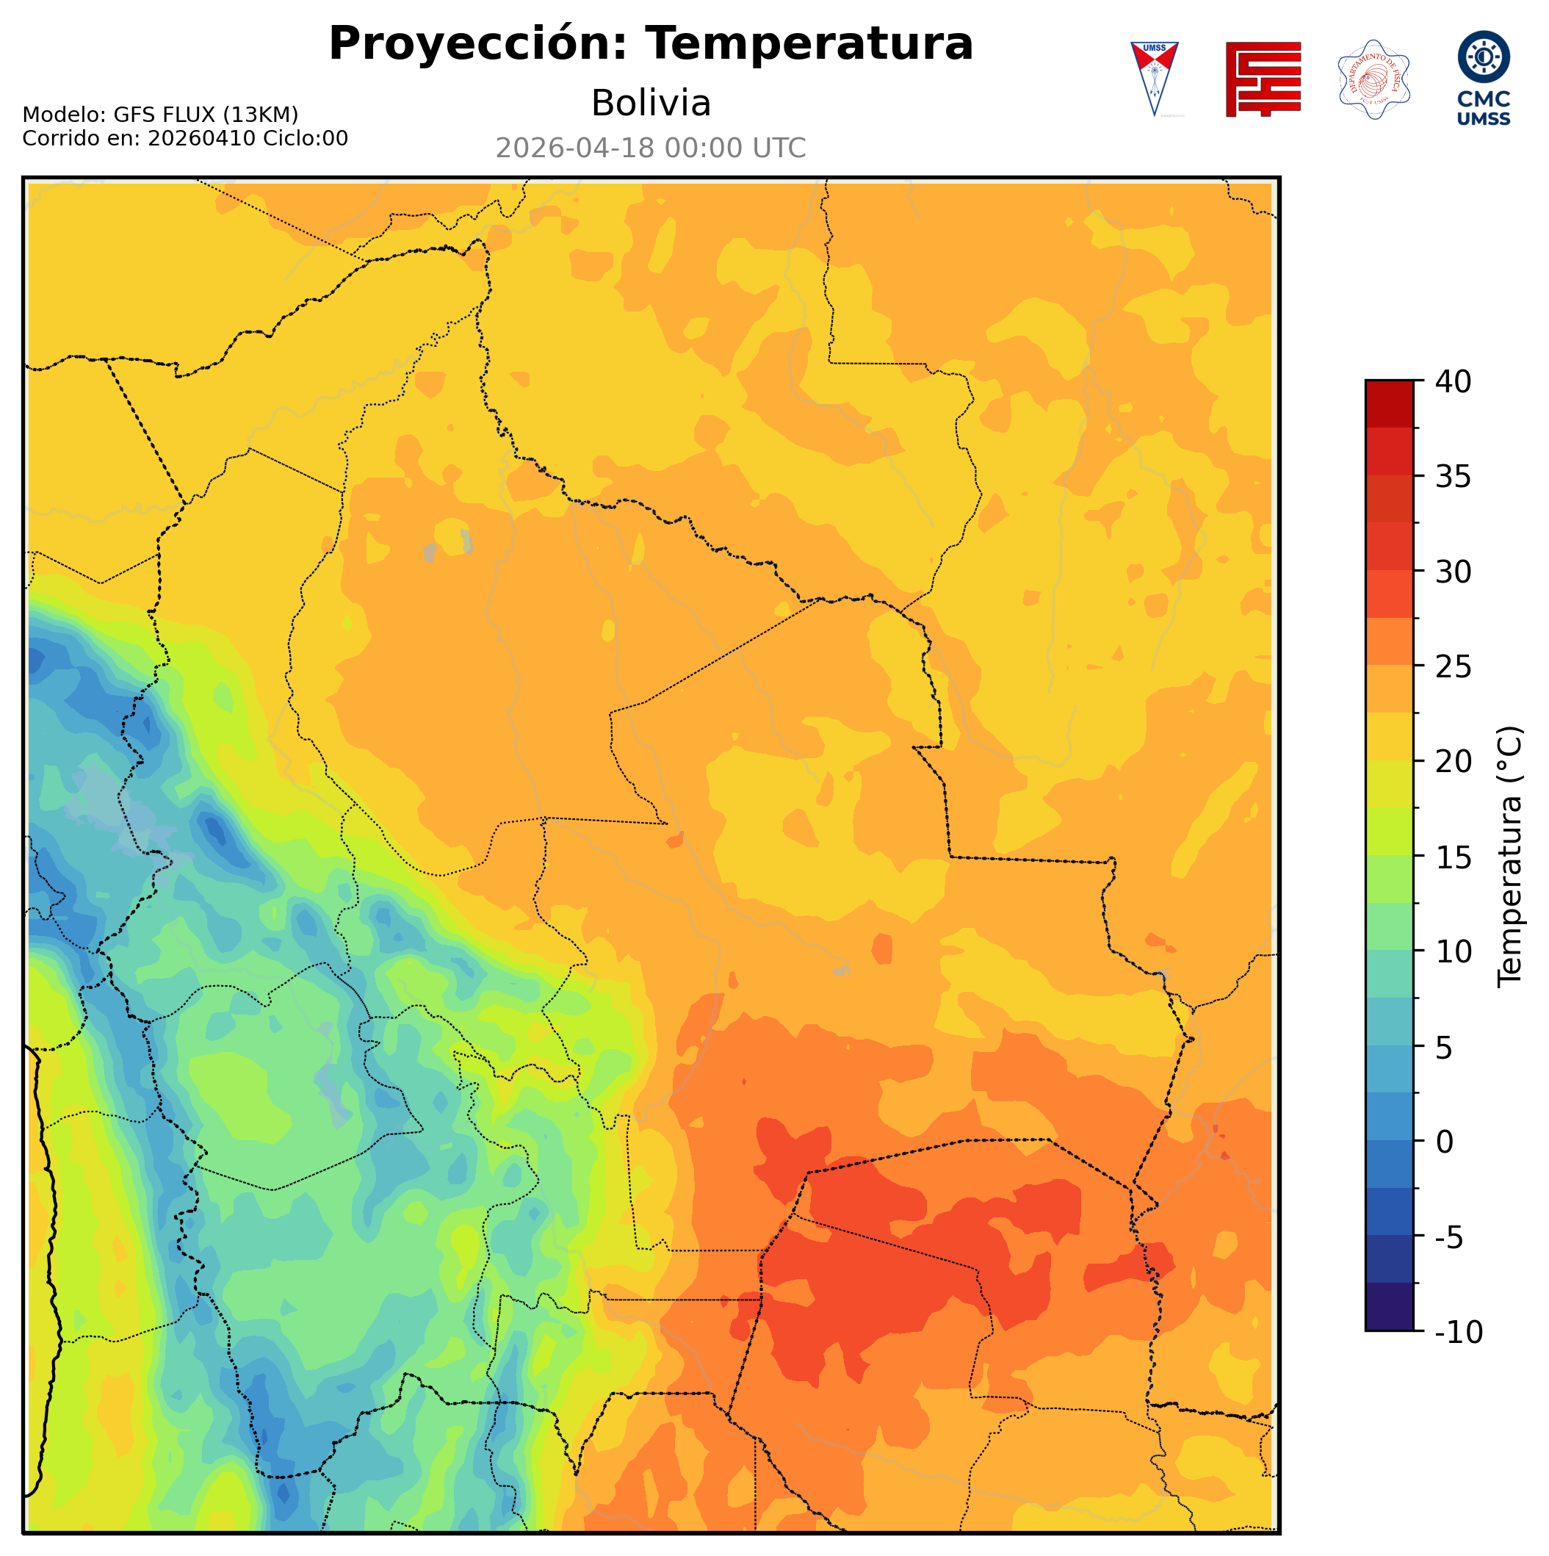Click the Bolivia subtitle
pos(651,103)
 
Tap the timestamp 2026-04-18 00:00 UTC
pos(651,148)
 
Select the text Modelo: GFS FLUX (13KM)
pos(160,115)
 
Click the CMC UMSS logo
pos(1483,78)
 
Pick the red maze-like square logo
pos(1263,79)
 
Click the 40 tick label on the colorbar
pos(1454,382)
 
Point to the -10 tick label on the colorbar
pos(1458,1333)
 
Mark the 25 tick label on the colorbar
pos(1454,667)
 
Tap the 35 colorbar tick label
pos(1454,477)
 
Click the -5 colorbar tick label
pos(1449,1238)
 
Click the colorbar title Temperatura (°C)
pos(1509,857)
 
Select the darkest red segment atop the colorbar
pos(1389,403)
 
